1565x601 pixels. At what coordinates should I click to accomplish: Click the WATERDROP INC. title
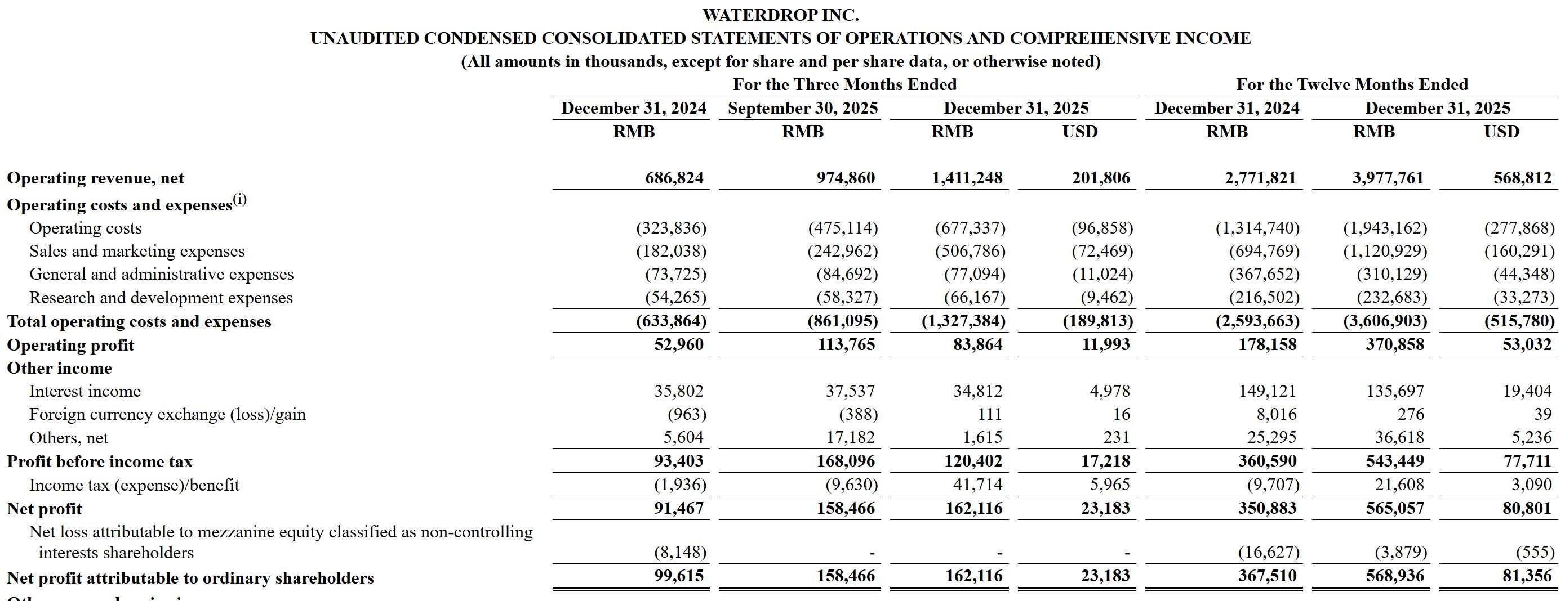pyautogui.click(x=781, y=15)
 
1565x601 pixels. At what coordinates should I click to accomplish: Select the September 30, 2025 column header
pyautogui.click(x=803, y=108)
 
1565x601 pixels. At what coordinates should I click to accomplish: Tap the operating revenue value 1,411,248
pyautogui.click(x=967, y=178)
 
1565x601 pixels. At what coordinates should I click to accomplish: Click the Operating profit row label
pyautogui.click(x=70, y=345)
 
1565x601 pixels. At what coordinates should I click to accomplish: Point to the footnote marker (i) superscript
pyautogui.click(x=240, y=199)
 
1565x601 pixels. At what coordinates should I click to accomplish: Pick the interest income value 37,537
pyautogui.click(x=850, y=391)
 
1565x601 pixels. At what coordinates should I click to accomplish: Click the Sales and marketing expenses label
pyautogui.click(x=137, y=251)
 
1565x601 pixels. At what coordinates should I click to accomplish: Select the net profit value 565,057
pyautogui.click(x=1395, y=508)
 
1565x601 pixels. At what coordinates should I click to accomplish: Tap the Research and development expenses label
pyautogui.click(x=161, y=298)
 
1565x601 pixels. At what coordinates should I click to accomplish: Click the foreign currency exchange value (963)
pyautogui.click(x=687, y=414)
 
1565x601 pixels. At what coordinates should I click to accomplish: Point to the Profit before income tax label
pyautogui.click(x=100, y=461)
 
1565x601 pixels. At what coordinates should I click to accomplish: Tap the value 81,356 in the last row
pyautogui.click(x=1527, y=576)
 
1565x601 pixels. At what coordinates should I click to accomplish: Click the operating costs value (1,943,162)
pyautogui.click(x=1385, y=228)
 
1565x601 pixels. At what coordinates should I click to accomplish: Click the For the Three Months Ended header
pyautogui.click(x=844, y=84)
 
